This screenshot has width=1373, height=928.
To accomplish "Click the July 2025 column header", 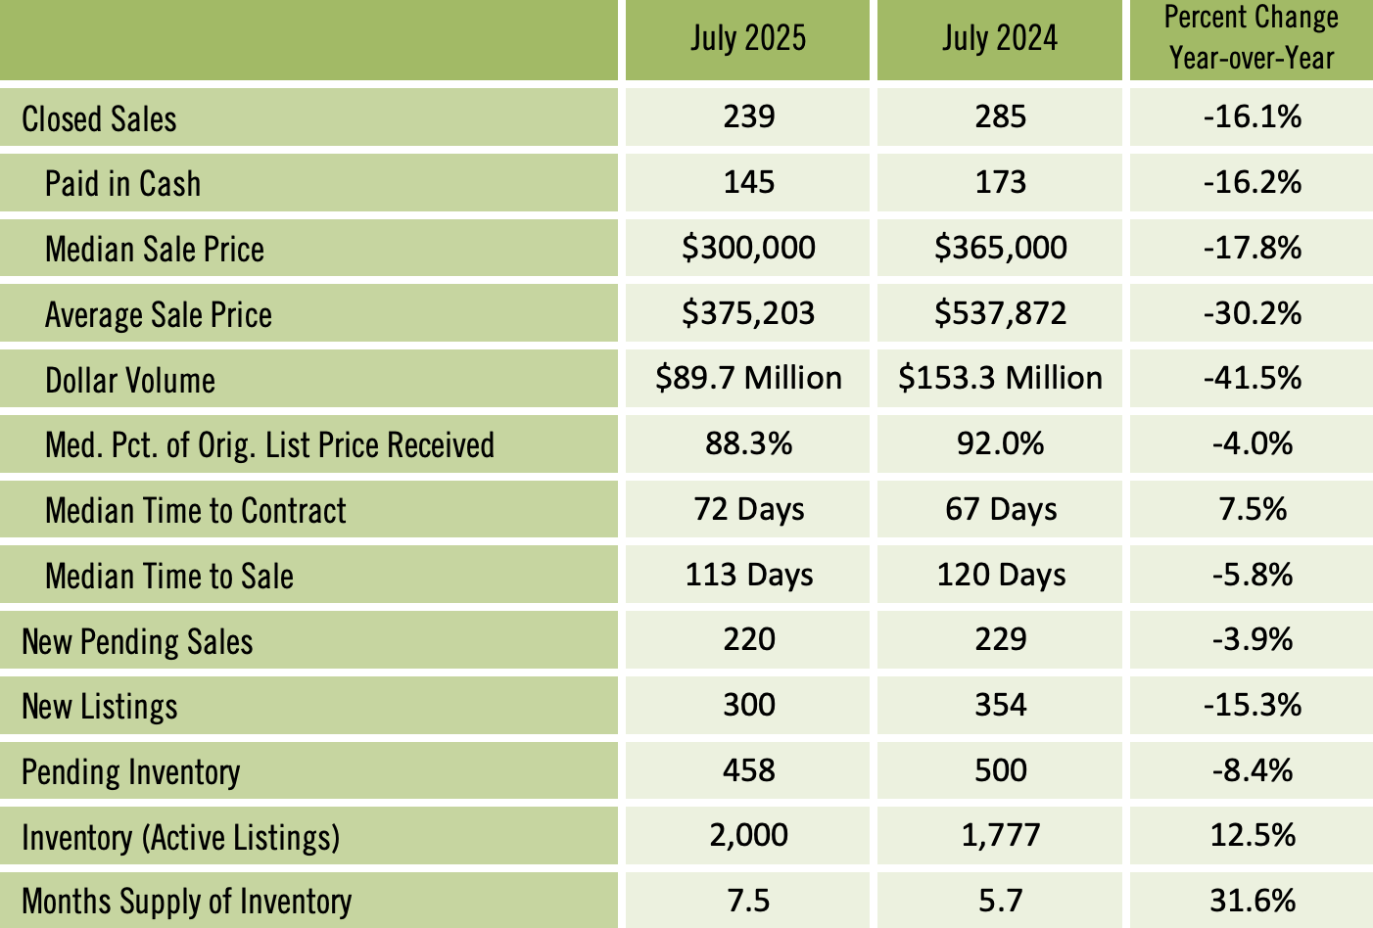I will pyautogui.click(x=747, y=39).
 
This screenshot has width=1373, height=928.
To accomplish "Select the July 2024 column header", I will pyautogui.click(x=1000, y=39).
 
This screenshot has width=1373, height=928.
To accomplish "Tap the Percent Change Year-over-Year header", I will pyautogui.click(x=1252, y=38).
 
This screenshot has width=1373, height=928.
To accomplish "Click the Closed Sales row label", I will pyautogui.click(x=99, y=118).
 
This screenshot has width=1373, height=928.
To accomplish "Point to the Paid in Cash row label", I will pyautogui.click(x=122, y=184).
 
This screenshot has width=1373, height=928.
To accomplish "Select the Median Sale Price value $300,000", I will pyautogui.click(x=748, y=248).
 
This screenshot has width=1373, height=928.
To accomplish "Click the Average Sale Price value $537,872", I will pyautogui.click(x=1000, y=313).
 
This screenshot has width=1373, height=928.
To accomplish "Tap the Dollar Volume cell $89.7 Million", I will pyautogui.click(x=748, y=378).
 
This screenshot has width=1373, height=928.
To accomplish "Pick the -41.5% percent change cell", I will pyautogui.click(x=1252, y=378).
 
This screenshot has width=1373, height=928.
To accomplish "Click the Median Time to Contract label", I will pyautogui.click(x=195, y=510).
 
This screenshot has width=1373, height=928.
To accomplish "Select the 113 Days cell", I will pyautogui.click(x=748, y=575).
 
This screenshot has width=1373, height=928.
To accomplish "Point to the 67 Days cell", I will pyautogui.click(x=1000, y=510).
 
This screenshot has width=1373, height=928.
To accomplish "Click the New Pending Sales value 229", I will pyautogui.click(x=1000, y=640).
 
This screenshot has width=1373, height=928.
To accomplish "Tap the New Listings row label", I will pyautogui.click(x=100, y=706).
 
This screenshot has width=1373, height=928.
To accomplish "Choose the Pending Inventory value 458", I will pyautogui.click(x=748, y=770).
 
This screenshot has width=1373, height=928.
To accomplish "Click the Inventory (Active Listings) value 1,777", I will pyautogui.click(x=1000, y=835).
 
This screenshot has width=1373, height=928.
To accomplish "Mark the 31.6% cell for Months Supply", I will pyautogui.click(x=1252, y=900).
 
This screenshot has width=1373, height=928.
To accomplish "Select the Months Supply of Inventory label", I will pyautogui.click(x=186, y=901).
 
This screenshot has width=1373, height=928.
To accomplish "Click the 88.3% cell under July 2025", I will pyautogui.click(x=748, y=444).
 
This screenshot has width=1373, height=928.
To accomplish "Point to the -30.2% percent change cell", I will pyautogui.click(x=1252, y=313).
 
